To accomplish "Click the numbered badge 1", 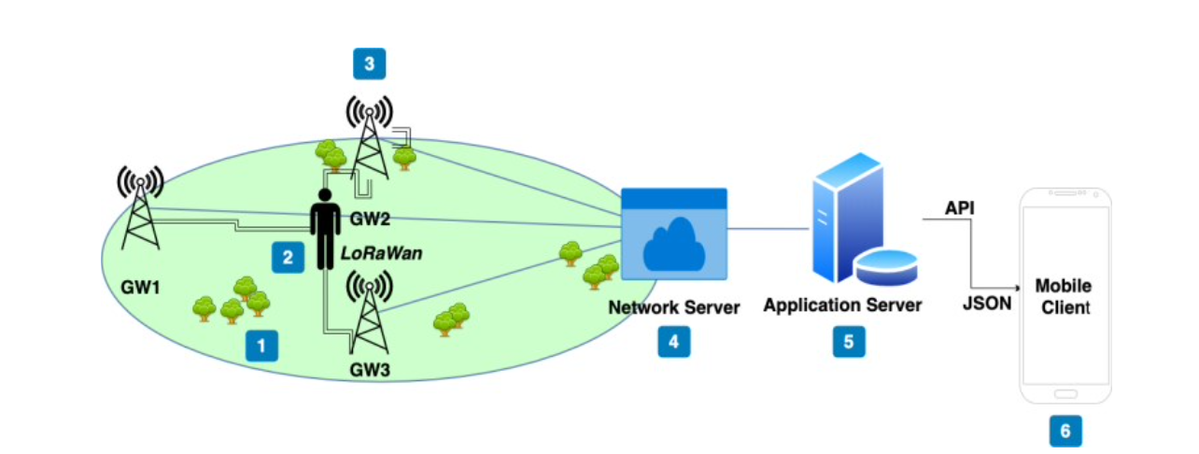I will (261, 348).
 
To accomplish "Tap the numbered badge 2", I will (288, 257).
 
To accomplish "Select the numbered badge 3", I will (369, 64).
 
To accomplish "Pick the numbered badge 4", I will (673, 342).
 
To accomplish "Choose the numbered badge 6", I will (1065, 431).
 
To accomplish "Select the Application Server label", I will (842, 305).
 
